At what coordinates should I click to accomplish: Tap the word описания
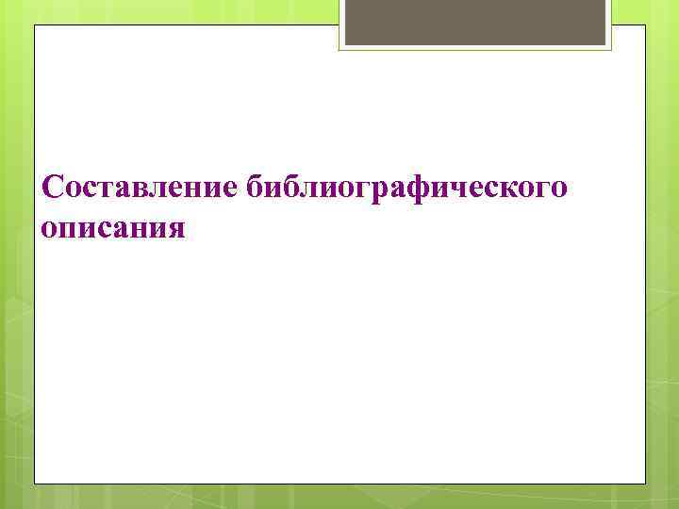click(113, 229)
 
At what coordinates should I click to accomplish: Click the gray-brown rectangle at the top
click(475, 22)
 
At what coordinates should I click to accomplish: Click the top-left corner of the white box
click(35, 26)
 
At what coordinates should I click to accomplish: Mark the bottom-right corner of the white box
click(646, 484)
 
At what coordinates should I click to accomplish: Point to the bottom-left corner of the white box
click(35, 484)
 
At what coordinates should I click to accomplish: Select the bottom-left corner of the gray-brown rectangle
click(344, 44)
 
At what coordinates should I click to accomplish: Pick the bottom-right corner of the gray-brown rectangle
click(607, 44)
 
